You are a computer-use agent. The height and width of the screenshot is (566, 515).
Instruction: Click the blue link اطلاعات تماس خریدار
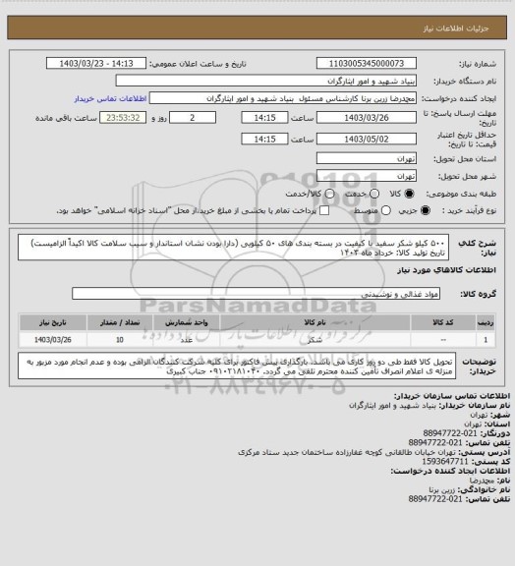coord(109,99)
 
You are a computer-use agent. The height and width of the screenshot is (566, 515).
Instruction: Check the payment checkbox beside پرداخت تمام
coord(289,210)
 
